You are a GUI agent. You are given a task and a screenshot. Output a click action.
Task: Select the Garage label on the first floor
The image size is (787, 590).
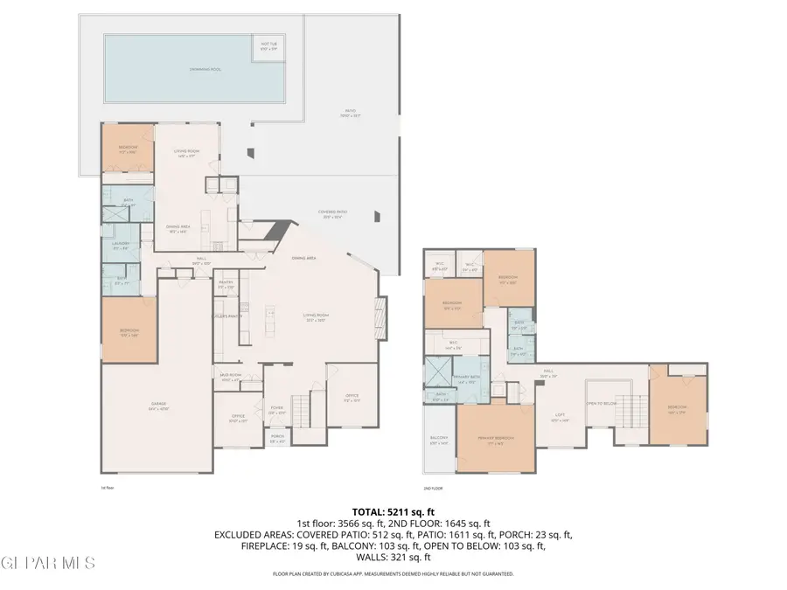tap(157, 405)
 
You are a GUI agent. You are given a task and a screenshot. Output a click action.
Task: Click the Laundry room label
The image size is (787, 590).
tap(121, 245)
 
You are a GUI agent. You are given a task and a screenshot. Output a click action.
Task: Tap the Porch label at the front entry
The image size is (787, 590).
tap(276, 441)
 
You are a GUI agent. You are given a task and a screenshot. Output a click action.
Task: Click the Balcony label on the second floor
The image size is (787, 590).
tap(439, 440)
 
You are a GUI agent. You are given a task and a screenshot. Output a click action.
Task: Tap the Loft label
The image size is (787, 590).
tap(560, 417)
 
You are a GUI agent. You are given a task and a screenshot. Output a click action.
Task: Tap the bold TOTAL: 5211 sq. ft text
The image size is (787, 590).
tap(393, 510)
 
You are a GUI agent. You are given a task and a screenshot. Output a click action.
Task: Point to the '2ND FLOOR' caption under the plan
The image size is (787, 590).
tap(433, 489)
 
